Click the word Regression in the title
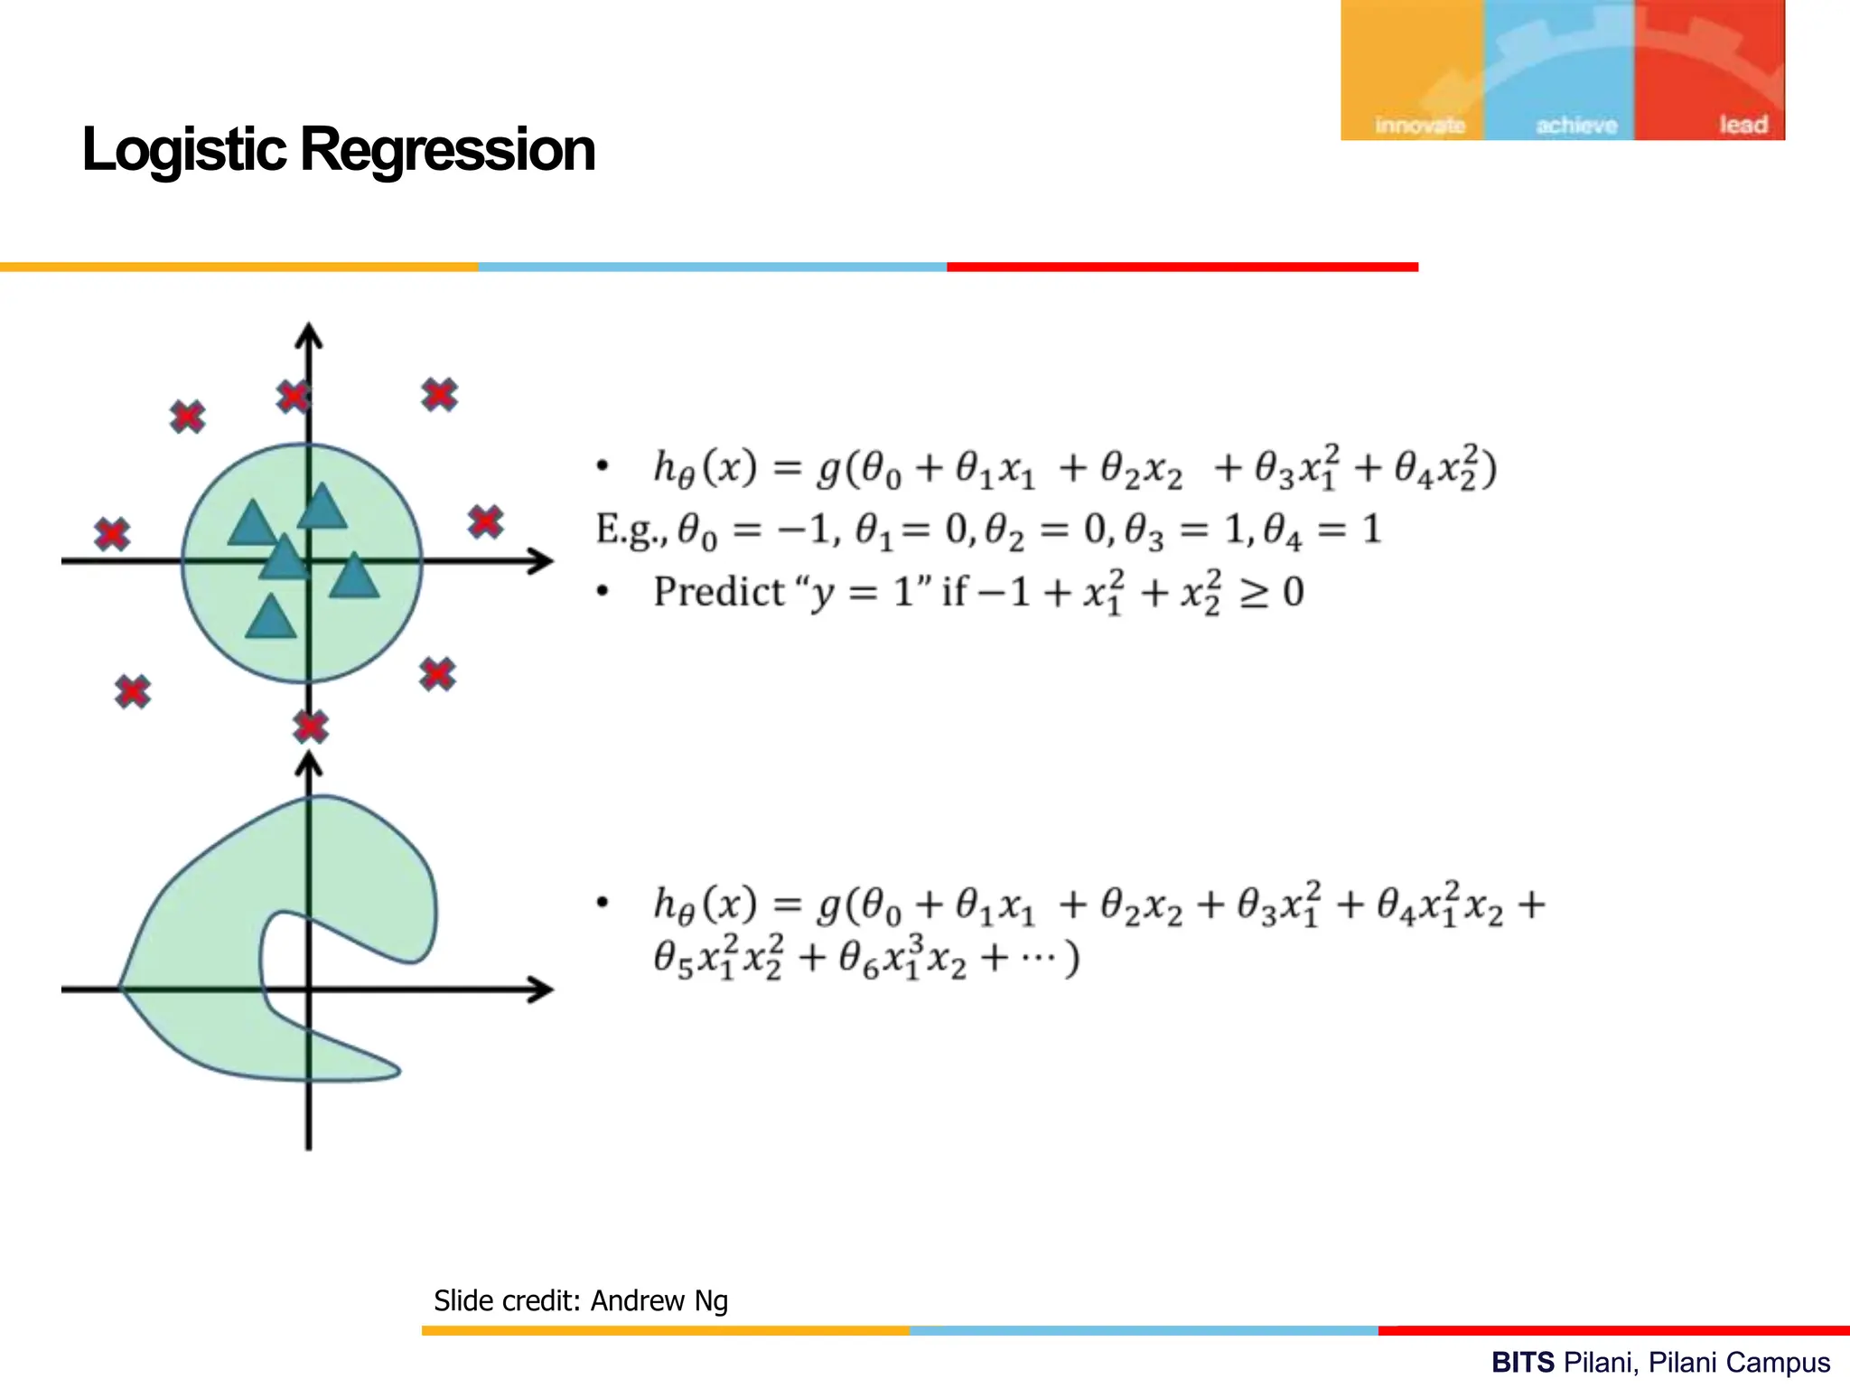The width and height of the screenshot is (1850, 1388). [x=447, y=150]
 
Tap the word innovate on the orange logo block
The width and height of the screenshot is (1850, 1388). [x=1419, y=126]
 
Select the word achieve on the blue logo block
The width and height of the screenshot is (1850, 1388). [x=1576, y=126]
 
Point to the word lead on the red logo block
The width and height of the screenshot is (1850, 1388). [x=1743, y=125]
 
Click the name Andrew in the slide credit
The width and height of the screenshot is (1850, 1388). [x=638, y=1301]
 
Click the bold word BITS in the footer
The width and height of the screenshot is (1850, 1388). [x=1523, y=1362]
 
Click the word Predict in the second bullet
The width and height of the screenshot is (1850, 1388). [x=719, y=593]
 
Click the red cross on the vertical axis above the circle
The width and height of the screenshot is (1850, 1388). [x=294, y=397]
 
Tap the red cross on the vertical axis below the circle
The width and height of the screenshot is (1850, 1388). [x=311, y=727]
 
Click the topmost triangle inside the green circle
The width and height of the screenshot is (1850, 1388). [x=322, y=508]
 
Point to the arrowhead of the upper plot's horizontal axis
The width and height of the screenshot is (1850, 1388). [x=541, y=561]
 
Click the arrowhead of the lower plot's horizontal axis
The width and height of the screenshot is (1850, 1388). [x=541, y=989]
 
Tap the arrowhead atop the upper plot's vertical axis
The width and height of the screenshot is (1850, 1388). [x=309, y=335]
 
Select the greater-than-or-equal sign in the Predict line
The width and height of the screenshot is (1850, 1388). [x=1254, y=594]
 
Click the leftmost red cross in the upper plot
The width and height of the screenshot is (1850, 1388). [x=112, y=534]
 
